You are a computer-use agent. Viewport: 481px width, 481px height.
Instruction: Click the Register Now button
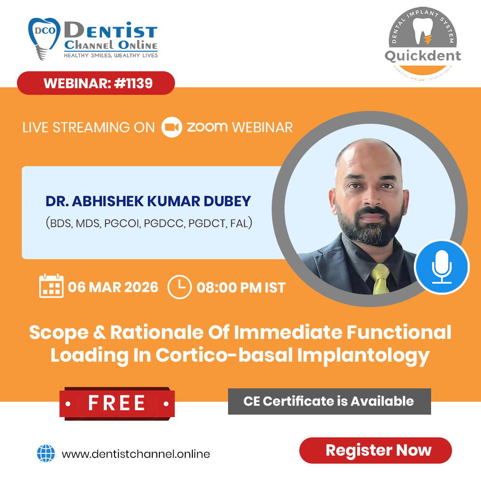click(x=375, y=450)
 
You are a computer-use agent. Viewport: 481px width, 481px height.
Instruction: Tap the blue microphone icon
click(x=442, y=267)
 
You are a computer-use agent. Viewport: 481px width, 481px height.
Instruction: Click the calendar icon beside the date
click(x=51, y=286)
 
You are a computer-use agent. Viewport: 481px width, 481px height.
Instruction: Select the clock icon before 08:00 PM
click(x=179, y=287)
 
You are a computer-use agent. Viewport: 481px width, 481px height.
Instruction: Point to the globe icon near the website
click(x=46, y=454)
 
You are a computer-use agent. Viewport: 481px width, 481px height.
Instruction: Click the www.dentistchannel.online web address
click(x=136, y=454)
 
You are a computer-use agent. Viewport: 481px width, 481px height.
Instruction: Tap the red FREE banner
click(x=117, y=403)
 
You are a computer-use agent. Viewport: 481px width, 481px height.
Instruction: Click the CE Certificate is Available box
click(x=329, y=401)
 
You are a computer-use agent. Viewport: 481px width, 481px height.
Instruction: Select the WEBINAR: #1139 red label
click(x=96, y=83)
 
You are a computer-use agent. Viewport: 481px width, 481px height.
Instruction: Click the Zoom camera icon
click(x=171, y=127)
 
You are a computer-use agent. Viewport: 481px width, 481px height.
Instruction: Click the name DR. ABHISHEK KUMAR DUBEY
click(x=148, y=201)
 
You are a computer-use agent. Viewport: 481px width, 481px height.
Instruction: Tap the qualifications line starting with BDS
click(x=149, y=223)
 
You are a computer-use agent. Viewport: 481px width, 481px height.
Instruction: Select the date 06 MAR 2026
click(x=113, y=287)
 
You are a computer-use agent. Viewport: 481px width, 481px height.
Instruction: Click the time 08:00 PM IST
click(x=241, y=287)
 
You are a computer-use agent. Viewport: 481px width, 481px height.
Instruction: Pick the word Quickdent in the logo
click(x=422, y=56)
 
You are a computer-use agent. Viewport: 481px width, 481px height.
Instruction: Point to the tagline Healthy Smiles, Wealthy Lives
click(x=110, y=55)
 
